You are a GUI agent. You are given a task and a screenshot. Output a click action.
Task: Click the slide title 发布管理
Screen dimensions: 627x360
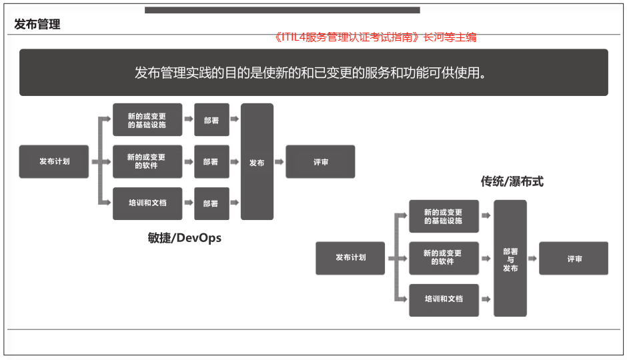[37, 25]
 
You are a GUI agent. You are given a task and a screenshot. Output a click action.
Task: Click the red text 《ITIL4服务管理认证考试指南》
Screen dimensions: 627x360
[347, 37]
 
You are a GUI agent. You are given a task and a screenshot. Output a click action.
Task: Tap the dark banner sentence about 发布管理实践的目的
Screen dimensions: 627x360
[310, 73]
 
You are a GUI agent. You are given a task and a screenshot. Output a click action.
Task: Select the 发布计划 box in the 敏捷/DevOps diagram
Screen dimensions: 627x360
[54, 161]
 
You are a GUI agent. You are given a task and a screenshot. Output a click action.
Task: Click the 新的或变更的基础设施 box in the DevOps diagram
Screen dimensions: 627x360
[147, 120]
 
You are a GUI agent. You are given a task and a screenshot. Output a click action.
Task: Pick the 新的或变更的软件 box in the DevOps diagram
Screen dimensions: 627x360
[147, 161]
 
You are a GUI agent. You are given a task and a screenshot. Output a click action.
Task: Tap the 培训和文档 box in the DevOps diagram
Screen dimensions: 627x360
[147, 203]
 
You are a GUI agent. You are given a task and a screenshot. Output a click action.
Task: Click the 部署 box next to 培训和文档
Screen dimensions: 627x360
[211, 203]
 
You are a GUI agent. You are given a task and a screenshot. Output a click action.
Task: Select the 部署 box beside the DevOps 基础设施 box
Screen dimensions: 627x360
[211, 120]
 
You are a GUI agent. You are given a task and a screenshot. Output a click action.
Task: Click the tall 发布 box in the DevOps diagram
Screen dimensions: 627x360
[257, 162]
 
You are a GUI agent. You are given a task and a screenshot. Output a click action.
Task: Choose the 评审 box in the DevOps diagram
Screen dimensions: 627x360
[320, 161]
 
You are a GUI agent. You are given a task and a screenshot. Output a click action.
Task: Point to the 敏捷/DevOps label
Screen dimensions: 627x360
[184, 238]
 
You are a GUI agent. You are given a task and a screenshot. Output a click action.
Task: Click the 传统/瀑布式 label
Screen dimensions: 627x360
[512, 181]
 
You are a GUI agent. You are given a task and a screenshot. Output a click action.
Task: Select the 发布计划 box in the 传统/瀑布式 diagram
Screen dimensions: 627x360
[350, 258]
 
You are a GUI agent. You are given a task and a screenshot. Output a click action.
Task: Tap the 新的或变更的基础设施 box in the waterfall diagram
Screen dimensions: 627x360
[444, 216]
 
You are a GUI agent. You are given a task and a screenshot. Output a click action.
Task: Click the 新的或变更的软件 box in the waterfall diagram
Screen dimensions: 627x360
[444, 258]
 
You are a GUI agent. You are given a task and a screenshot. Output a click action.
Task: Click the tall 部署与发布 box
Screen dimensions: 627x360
[510, 259]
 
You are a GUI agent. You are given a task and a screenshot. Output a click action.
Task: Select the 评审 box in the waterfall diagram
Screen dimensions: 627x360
[574, 258]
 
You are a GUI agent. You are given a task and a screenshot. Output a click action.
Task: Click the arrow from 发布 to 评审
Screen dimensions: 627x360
[279, 162]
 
